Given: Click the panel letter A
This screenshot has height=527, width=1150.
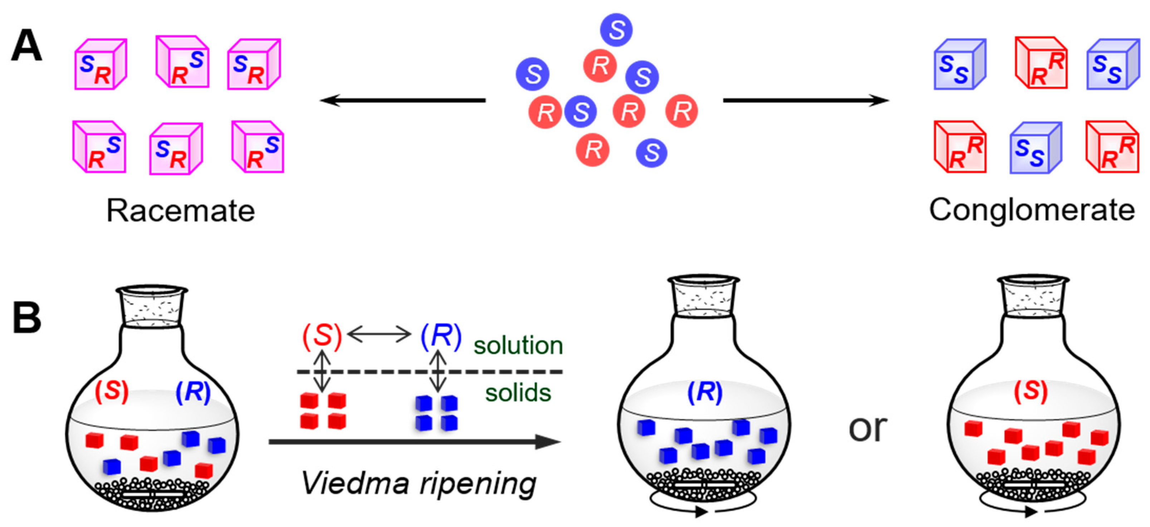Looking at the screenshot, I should coord(27,46).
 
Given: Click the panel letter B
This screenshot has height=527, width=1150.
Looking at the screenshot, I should coord(27,318).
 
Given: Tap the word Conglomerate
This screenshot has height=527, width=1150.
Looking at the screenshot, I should coord(1031,210).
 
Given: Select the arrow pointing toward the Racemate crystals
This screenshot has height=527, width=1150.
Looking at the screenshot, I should coord(402,100).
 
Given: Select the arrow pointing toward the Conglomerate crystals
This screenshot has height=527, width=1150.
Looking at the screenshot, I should coord(806,100).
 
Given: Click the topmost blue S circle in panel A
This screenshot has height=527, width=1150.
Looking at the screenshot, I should coord(616,29).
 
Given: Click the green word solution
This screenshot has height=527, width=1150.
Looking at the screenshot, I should coord(518,345).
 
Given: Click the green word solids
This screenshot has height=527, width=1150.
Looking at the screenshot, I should coord(518,393).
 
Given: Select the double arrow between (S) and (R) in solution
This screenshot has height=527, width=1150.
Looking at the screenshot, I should coord(379,334).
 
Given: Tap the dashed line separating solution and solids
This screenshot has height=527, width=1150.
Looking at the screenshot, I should coord(429,371).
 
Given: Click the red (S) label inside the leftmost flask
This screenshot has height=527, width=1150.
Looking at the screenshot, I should coord(112,391).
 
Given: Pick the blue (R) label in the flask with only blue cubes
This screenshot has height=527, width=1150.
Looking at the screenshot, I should coord(704,392).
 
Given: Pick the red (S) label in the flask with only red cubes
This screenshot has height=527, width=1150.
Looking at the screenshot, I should coord(1030,391).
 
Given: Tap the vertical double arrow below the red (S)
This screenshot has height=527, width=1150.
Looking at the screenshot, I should coord(322,371).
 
